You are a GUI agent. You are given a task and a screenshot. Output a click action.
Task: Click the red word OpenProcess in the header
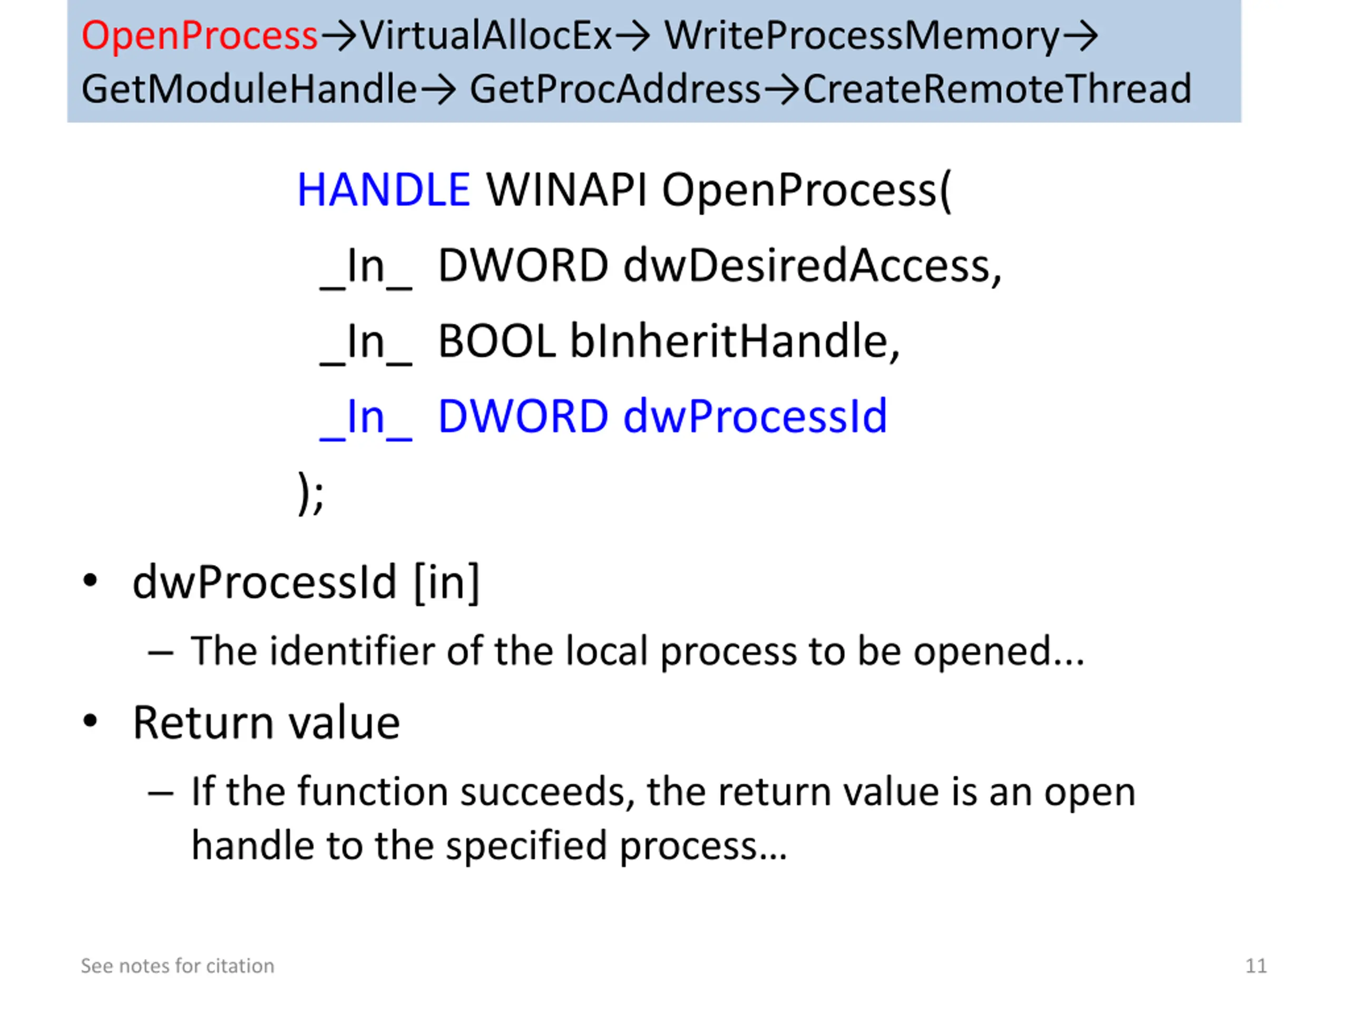tap(199, 35)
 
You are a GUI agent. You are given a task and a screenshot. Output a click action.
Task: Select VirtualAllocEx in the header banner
tap(486, 35)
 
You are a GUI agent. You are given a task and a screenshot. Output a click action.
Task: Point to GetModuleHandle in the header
tap(249, 89)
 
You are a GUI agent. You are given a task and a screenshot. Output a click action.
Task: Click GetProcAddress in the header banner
tap(615, 89)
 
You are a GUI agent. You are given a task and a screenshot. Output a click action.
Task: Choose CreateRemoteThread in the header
tap(996, 89)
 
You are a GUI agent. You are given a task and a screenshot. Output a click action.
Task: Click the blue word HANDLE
tap(383, 190)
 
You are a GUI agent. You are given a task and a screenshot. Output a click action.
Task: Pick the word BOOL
tap(496, 341)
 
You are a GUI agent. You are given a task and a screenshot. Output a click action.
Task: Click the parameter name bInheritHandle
tap(734, 341)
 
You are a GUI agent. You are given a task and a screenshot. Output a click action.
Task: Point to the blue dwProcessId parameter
tap(755, 416)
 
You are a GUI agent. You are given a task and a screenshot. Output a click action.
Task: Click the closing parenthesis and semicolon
tap(311, 493)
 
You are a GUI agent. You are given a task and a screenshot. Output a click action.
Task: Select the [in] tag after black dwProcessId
tap(447, 582)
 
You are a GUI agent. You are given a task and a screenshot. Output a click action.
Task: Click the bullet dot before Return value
tap(90, 721)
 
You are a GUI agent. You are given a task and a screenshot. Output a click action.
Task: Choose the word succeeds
tap(543, 792)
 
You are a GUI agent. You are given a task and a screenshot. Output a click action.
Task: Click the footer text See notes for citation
tap(178, 966)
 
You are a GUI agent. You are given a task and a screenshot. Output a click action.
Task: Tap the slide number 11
tap(1256, 966)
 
